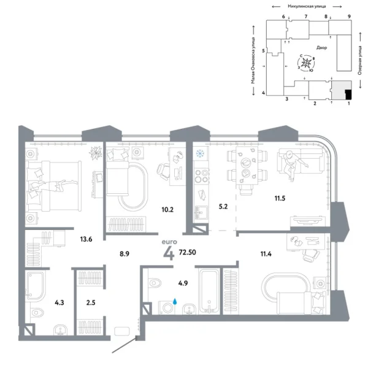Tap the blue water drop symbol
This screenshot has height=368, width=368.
click(x=175, y=302)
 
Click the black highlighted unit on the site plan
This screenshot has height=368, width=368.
click(x=348, y=94)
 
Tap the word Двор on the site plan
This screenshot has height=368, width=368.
click(x=323, y=47)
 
